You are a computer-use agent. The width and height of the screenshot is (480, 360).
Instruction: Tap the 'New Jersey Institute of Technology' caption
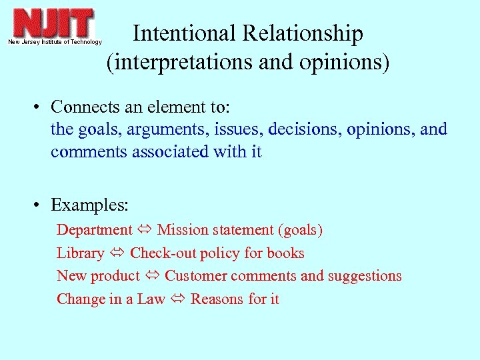click(x=55, y=42)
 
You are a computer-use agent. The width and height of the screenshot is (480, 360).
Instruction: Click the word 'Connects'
click(x=81, y=107)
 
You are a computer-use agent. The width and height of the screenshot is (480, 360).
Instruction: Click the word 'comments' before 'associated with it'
click(x=90, y=152)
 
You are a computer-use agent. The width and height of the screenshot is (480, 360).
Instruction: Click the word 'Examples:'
click(x=89, y=204)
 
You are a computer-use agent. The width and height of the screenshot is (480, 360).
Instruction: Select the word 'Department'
click(x=95, y=230)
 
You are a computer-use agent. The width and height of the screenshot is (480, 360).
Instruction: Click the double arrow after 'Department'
click(x=145, y=230)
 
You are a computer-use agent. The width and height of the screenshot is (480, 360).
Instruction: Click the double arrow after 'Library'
click(x=117, y=253)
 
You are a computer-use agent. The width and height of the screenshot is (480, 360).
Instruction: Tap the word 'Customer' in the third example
click(x=195, y=276)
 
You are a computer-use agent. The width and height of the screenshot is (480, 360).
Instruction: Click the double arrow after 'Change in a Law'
click(x=178, y=299)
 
